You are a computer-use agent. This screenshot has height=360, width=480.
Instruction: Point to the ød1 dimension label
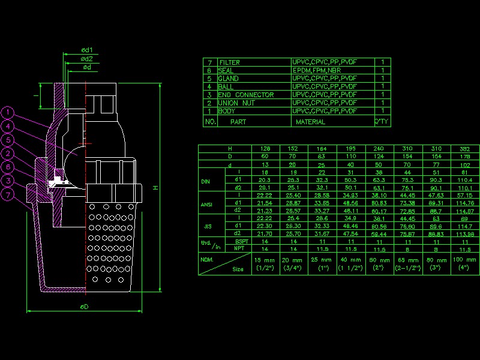(x=88, y=50)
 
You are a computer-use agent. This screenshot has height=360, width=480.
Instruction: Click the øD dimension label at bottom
(x=84, y=307)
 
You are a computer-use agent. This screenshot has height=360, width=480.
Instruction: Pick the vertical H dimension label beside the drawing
(x=155, y=188)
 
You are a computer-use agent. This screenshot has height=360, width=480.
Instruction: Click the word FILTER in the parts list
(x=230, y=62)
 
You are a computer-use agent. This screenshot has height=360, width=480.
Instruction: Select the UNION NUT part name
(x=237, y=103)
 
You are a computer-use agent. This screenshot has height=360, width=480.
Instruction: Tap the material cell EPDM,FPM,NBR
(x=317, y=71)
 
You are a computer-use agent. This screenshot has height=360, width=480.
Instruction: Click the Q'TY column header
(x=382, y=122)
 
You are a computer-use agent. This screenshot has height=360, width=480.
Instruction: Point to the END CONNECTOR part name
(x=246, y=95)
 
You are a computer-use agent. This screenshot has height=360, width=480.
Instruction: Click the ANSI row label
(x=206, y=204)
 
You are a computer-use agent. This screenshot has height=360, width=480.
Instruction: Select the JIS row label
(x=206, y=227)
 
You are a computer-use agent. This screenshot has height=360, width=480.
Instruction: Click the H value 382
(x=466, y=148)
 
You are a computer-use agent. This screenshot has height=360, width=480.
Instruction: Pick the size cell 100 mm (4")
(x=466, y=264)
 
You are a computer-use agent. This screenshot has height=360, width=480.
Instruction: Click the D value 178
(x=466, y=156)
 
